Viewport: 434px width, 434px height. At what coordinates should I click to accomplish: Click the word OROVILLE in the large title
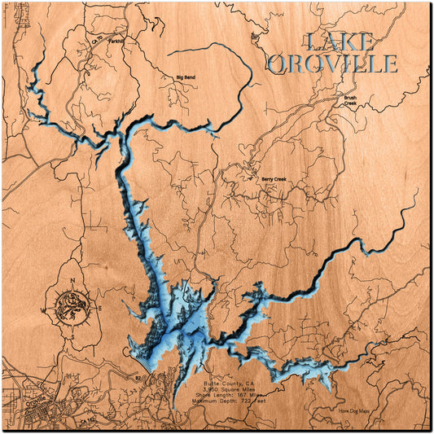click(333, 64)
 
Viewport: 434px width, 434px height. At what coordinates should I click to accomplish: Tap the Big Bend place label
click(186, 77)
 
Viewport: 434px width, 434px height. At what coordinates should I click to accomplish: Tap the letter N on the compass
click(72, 283)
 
